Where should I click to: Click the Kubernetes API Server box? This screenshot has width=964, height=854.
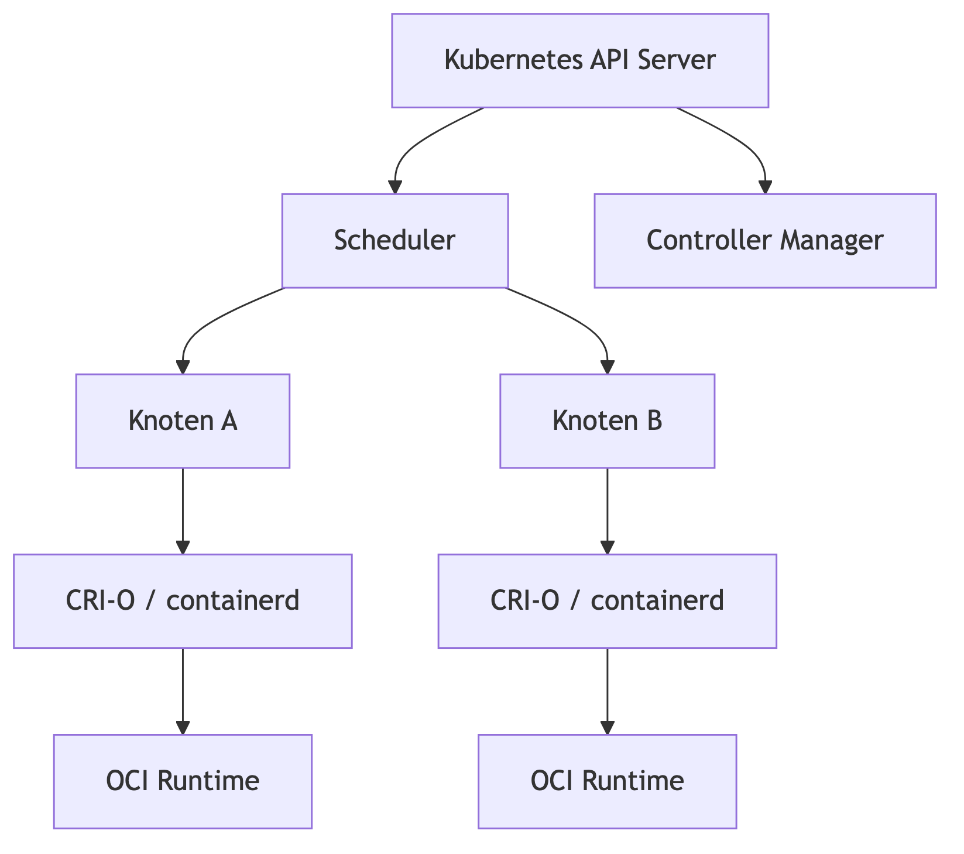pyautogui.click(x=579, y=60)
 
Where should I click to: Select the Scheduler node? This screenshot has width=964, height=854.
pyautogui.click(x=394, y=241)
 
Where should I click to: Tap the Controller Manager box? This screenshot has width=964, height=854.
pyautogui.click(x=765, y=241)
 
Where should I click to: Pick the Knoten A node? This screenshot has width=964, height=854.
pyautogui.click(x=183, y=421)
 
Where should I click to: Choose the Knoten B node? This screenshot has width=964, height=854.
pyautogui.click(x=607, y=421)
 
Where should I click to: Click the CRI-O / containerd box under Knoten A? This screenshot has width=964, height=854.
pyautogui.click(x=183, y=601)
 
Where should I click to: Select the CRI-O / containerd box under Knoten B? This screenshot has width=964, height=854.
pyautogui.click(x=607, y=601)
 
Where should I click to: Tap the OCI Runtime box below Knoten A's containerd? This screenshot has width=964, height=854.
pyautogui.click(x=183, y=781)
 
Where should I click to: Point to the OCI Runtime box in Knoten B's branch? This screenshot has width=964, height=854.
pyautogui.click(x=607, y=781)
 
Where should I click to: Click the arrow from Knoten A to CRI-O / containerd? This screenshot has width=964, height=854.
pyautogui.click(x=183, y=510)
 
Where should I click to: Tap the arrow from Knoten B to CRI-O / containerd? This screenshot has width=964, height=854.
pyautogui.click(x=607, y=510)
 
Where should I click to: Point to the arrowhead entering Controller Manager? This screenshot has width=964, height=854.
pyautogui.click(x=765, y=187)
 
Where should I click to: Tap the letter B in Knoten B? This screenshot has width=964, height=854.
pyautogui.click(x=653, y=421)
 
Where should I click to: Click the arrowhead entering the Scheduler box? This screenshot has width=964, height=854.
pyautogui.click(x=395, y=187)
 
